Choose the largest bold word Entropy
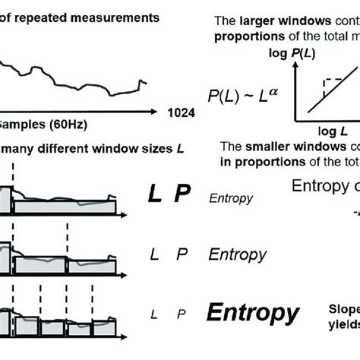click(x=253, y=313)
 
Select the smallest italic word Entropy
click(x=230, y=198)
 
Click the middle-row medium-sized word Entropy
click(x=238, y=254)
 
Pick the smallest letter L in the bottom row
click(x=154, y=314)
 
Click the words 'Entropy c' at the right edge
click(x=325, y=187)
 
